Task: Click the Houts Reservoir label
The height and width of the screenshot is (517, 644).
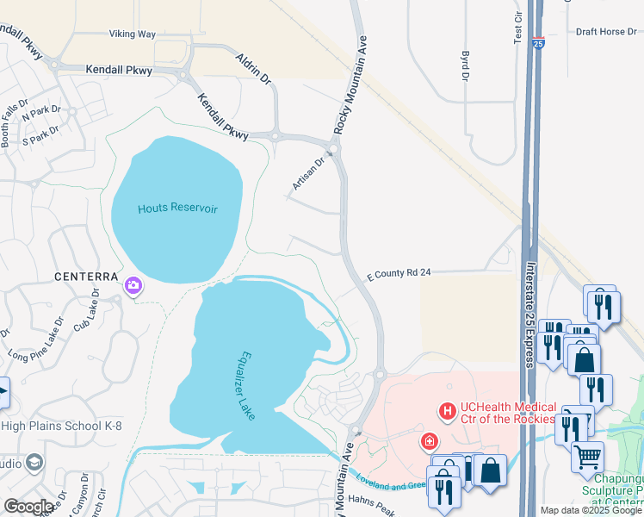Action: click(x=177, y=209)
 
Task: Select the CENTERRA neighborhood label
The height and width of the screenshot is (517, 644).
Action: click(x=85, y=277)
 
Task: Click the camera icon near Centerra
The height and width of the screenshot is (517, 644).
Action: click(x=133, y=285)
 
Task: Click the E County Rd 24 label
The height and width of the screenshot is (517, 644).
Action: click(x=398, y=272)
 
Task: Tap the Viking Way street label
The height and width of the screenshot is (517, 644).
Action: click(x=132, y=34)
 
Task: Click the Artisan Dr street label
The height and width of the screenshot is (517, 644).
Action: click(x=307, y=171)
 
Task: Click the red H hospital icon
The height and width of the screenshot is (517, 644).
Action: click(x=447, y=412)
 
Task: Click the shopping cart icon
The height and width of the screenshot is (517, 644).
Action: click(x=587, y=455)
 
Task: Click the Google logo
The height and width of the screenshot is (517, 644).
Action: click(x=28, y=508)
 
